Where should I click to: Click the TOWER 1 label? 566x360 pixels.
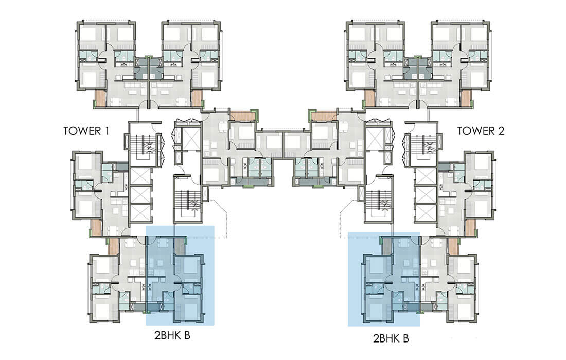coord(86,131)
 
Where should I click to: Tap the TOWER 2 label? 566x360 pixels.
coord(481,131)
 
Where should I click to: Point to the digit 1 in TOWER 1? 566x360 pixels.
coord(107,131)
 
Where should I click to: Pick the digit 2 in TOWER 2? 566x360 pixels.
coord(501,131)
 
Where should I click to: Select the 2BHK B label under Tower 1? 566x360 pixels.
coord(172,335)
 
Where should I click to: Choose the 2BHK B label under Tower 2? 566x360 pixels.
coord(391,338)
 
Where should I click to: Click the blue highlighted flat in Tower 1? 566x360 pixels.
coord(180,276)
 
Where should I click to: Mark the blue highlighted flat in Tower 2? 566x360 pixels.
coord(384,279)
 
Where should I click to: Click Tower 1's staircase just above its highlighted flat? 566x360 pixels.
coord(187,199)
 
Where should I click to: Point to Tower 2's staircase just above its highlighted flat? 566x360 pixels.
coord(379,199)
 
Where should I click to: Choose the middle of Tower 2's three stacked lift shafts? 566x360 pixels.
coord(426,194)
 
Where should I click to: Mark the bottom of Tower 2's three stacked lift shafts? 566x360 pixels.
coord(426,213)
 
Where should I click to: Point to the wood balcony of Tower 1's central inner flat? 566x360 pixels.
coord(243,117)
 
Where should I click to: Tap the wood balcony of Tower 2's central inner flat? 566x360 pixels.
coord(324,117)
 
